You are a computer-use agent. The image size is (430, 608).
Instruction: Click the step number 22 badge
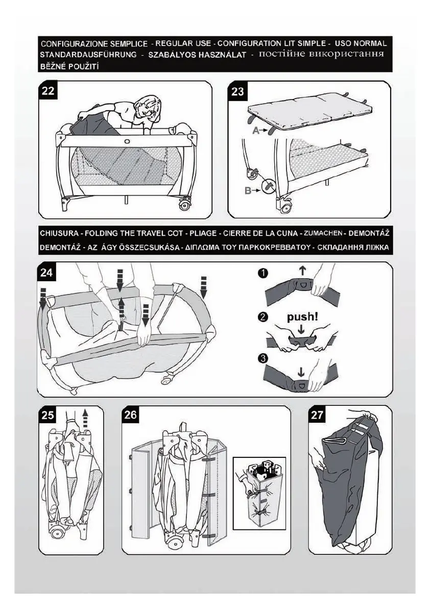coord(49,91)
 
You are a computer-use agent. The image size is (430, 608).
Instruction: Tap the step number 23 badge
coord(237,92)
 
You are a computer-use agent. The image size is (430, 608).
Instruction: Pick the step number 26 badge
coord(131,415)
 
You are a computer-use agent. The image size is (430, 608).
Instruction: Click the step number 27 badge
coord(318,415)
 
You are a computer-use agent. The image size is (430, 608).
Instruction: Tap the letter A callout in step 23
coord(256,131)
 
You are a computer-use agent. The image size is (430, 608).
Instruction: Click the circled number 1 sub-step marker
coord(262,273)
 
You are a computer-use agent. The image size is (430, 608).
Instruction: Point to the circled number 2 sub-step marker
coord(262,317)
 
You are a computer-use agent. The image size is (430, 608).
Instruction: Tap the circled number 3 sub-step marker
coord(262,358)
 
